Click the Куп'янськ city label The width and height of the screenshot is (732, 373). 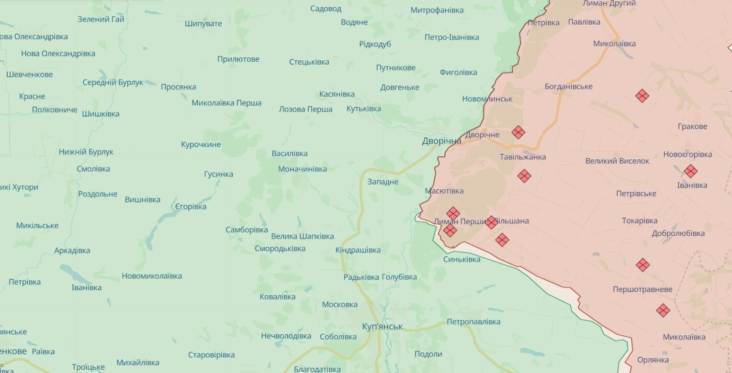(382, 327)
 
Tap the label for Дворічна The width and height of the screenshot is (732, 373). (441, 141)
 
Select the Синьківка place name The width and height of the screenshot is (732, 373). (462, 259)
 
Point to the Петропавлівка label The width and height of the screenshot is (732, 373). (473, 322)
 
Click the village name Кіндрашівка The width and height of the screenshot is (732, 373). (358, 250)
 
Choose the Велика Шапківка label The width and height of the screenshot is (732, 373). (302, 236)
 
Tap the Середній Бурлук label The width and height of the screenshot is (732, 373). (113, 82)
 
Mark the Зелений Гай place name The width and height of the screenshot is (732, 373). (101, 20)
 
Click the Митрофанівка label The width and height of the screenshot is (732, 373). (437, 10)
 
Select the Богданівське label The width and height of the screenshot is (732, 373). (568, 87)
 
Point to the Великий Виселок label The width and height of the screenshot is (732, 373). (617, 161)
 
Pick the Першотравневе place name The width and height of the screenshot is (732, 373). (642, 289)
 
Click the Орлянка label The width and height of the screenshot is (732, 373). (653, 360)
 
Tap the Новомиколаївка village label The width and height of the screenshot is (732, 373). (152, 276)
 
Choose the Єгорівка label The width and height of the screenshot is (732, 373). (191, 207)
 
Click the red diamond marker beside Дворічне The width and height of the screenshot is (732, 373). (518, 132)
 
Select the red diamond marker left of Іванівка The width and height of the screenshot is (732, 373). (690, 171)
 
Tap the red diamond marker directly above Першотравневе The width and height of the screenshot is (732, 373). (642, 265)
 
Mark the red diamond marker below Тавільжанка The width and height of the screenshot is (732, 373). (524, 176)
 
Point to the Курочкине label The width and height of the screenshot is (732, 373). (201, 144)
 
